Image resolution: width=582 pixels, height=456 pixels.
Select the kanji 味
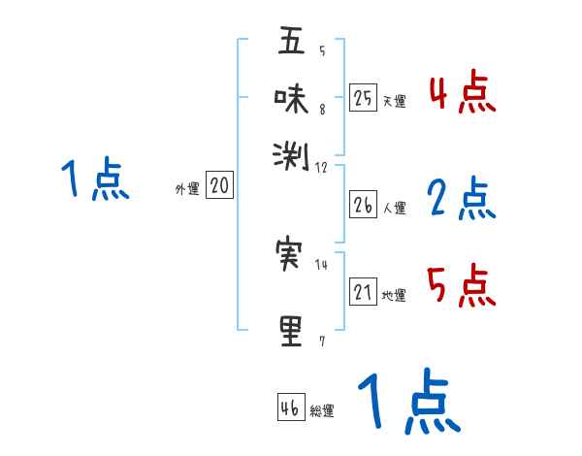click(292, 99)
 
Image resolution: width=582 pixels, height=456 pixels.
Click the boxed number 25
click(363, 97)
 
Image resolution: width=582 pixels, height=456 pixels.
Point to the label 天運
click(394, 101)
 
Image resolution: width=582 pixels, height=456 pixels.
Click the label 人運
click(394, 208)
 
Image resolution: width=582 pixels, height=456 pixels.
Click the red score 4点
click(462, 93)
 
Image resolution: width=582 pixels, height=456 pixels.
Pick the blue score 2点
click(462, 199)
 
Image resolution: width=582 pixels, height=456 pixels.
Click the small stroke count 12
click(321, 167)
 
